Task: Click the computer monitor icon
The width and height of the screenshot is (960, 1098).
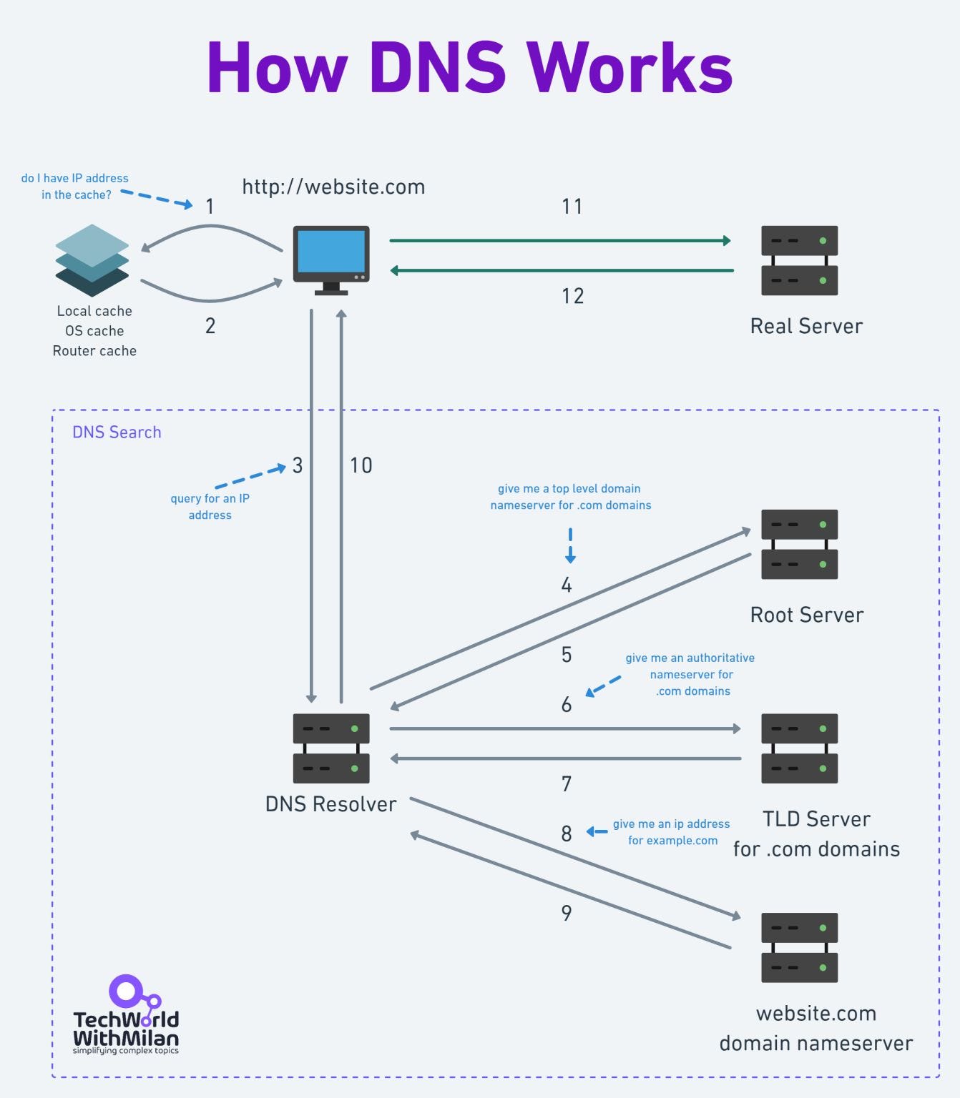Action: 331,259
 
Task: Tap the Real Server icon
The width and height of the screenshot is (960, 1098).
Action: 799,260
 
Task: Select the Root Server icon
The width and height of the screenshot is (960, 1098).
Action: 799,544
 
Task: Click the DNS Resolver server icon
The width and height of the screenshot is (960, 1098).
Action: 331,748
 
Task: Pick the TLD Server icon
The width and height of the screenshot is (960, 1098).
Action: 799,748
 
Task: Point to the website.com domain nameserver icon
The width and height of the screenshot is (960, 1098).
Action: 799,947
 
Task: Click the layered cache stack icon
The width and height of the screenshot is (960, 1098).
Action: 92,260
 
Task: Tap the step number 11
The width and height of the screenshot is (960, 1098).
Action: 572,207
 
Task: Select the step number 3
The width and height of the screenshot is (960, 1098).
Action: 298,466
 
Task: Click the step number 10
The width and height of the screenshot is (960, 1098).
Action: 361,466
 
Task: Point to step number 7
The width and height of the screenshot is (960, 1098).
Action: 566,784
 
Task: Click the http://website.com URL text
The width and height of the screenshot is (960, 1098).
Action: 333,187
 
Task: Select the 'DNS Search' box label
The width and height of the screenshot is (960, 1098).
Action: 117,432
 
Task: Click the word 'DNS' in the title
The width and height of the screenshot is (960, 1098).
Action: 437,68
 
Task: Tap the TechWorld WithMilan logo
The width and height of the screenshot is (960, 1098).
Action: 126,1015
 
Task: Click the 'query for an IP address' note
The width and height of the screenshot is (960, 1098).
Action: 210,506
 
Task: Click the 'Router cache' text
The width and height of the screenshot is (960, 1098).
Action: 94,351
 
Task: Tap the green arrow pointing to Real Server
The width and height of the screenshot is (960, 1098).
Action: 559,241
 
